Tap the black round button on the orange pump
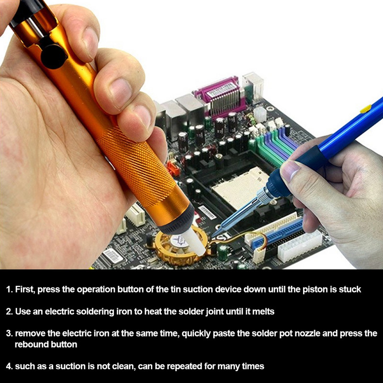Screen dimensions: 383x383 click(54, 56)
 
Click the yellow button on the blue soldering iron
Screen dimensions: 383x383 click(365, 109)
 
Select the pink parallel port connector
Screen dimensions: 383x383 click(219, 97)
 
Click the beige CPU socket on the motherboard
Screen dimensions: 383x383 click(241, 187)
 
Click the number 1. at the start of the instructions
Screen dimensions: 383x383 click(9, 290)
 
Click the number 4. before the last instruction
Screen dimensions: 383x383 click(9, 366)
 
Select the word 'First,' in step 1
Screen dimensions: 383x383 click(26, 290)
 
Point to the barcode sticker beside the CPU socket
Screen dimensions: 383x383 click(207, 213)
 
